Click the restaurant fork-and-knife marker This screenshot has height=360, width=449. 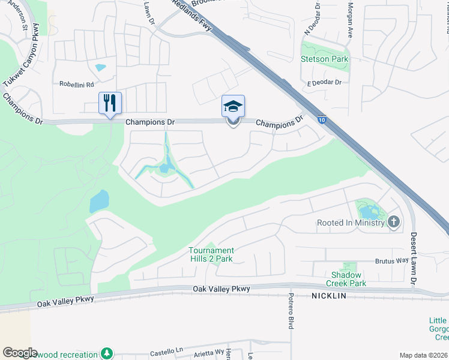pyautogui.click(x=110, y=103)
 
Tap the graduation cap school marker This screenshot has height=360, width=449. pyautogui.click(x=233, y=107)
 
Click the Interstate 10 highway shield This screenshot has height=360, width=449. pyautogui.click(x=322, y=121)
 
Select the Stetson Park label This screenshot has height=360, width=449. pyautogui.click(x=325, y=59)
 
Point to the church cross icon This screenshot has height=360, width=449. pyautogui.click(x=393, y=223)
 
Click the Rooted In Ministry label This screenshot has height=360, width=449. pyautogui.click(x=351, y=223)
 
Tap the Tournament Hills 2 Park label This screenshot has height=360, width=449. pyautogui.click(x=211, y=254)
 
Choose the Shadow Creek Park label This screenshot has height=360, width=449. pyautogui.click(x=346, y=279)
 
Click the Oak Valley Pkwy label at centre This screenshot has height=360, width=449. pyautogui.click(x=221, y=289)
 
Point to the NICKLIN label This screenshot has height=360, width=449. pyautogui.click(x=330, y=296)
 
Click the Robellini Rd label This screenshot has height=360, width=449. pyautogui.click(x=77, y=85)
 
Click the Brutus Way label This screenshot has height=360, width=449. pyautogui.click(x=392, y=261)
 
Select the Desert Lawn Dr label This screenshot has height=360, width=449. pyautogui.click(x=414, y=258)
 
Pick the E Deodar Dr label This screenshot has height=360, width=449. pyautogui.click(x=324, y=82)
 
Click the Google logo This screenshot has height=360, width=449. pyautogui.click(x=20, y=352)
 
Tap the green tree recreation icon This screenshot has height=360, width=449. pyautogui.click(x=107, y=353)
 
